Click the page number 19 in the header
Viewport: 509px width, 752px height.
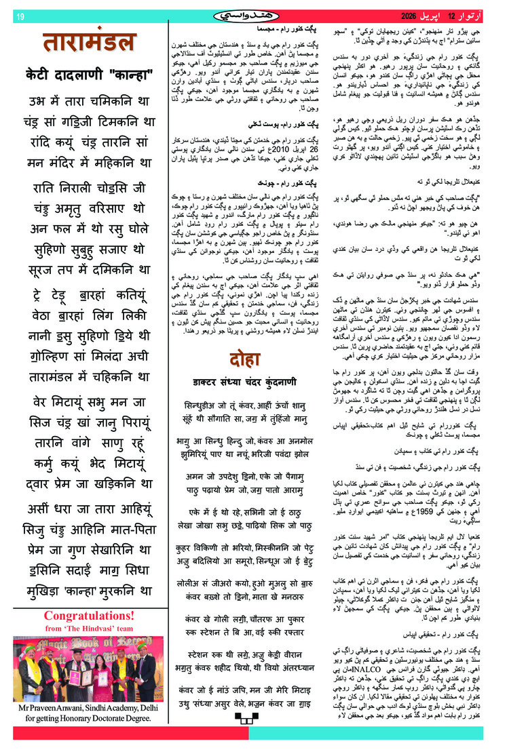pyautogui.click(x=20, y=16)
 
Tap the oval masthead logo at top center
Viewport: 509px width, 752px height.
pyautogui.click(x=254, y=15)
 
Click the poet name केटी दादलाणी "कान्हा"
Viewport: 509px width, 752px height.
pyautogui.click(x=90, y=74)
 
